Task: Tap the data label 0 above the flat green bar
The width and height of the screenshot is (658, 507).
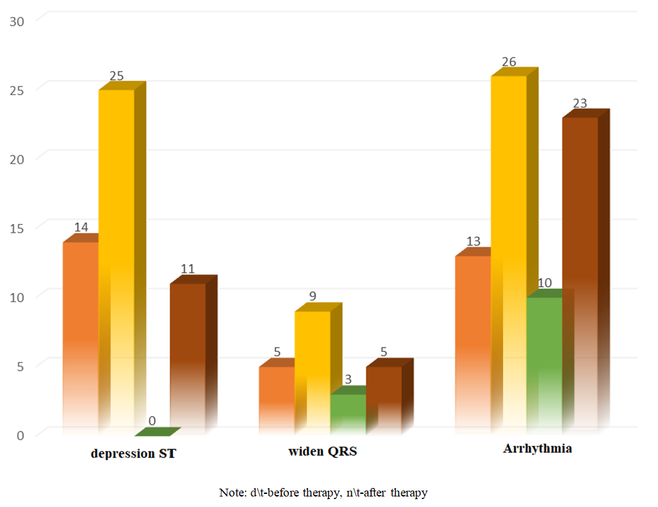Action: (x=152, y=420)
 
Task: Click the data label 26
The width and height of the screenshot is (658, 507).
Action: (x=509, y=62)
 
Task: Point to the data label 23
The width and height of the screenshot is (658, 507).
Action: (x=579, y=103)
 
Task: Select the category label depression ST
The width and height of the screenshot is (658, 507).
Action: (x=133, y=453)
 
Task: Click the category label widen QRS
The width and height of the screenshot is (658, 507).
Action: (x=322, y=452)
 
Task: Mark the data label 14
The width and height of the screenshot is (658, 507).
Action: (x=81, y=227)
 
